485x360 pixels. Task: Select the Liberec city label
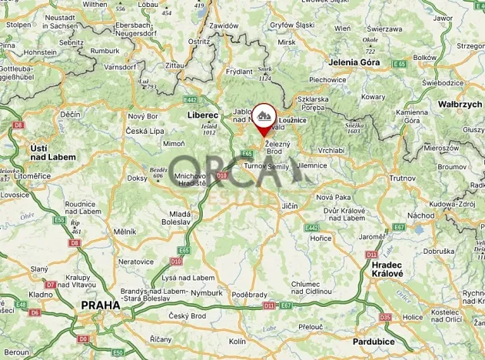pos(203,115)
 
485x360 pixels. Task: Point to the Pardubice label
pos(374,340)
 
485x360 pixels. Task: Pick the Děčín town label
pos(70,115)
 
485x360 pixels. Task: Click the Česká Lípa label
pos(146,131)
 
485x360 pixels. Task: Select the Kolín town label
pos(238,340)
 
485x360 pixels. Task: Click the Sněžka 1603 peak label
pos(354,128)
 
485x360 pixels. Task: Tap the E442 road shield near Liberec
pos(191,99)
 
